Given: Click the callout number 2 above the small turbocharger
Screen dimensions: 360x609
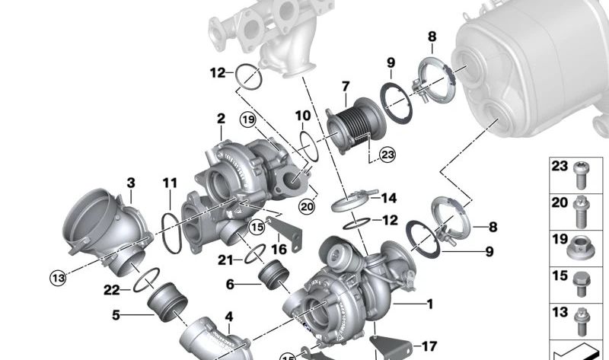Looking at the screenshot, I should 221,119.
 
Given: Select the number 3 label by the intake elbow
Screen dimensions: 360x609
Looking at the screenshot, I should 131,183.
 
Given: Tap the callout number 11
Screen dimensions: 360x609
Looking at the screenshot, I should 169,183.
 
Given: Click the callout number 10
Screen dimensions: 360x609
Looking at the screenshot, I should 303,116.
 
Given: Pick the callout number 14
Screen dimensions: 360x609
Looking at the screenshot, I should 389,199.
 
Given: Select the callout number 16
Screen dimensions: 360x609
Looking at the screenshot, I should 280,249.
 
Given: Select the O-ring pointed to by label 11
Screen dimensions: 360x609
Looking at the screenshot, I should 172,231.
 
